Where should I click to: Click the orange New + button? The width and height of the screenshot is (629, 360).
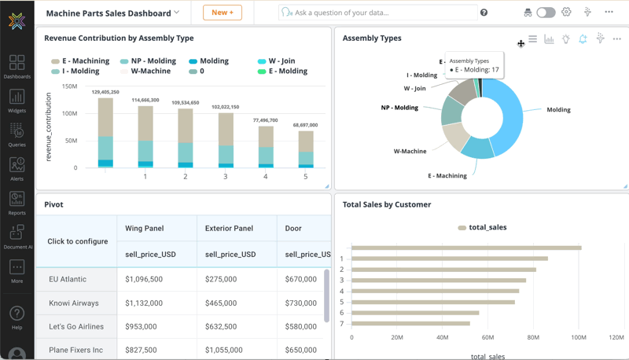click(x=223, y=13)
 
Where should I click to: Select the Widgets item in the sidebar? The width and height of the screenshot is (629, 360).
click(x=17, y=101)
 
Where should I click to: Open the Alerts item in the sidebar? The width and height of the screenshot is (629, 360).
click(x=17, y=168)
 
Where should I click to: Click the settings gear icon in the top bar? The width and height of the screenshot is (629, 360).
click(x=566, y=13)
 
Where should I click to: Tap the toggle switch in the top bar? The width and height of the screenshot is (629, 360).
click(x=546, y=13)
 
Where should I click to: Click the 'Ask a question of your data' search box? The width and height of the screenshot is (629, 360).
click(x=377, y=13)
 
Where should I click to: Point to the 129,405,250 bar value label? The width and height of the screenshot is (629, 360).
click(x=105, y=92)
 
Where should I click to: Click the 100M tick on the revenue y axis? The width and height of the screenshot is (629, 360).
click(x=69, y=113)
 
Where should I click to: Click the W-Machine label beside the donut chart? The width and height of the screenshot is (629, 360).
click(x=410, y=151)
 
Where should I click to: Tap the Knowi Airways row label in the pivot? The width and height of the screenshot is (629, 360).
click(x=74, y=303)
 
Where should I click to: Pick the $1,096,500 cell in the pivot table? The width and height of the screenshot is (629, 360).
click(x=144, y=279)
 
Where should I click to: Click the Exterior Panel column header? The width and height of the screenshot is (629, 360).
click(x=228, y=229)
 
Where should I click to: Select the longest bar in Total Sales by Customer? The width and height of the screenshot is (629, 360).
click(x=466, y=248)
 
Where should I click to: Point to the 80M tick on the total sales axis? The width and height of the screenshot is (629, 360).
click(x=532, y=337)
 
